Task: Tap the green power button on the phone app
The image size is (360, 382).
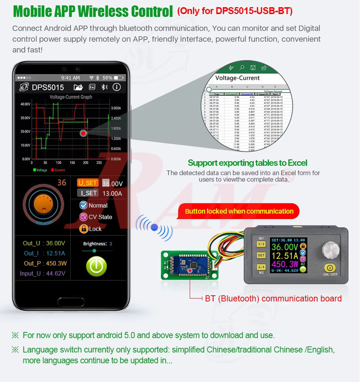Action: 96,266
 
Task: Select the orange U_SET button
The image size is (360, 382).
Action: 87,182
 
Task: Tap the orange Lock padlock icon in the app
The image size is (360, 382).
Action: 83,229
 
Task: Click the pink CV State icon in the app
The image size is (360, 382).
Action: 83,217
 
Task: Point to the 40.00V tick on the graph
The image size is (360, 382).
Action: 25,104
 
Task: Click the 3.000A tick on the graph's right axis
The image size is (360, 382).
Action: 116,108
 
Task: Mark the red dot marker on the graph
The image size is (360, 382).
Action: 83,133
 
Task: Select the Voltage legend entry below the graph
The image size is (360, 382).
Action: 40,170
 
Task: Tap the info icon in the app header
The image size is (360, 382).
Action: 117,87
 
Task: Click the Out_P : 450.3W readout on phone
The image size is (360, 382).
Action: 45,263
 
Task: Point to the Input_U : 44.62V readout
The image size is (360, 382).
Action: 42,273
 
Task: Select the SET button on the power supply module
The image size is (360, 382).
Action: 261,255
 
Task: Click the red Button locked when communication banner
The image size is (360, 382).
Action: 239,211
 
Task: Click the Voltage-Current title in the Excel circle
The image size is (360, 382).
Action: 237,78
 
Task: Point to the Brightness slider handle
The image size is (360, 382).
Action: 94,251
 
